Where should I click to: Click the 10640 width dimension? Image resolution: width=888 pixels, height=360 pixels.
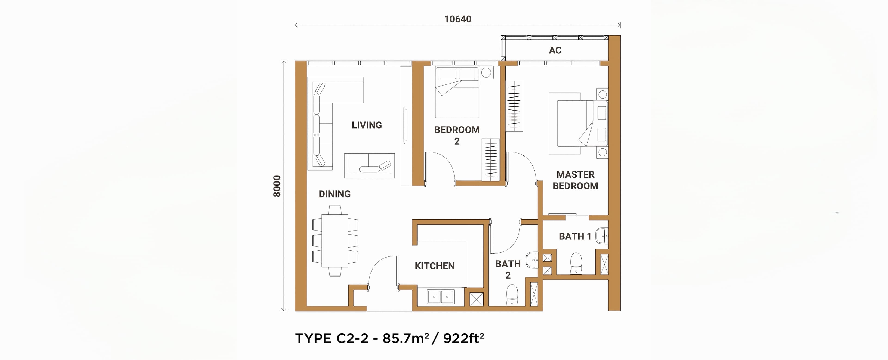[457, 19]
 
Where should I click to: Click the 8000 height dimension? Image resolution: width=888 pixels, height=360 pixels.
[277, 186]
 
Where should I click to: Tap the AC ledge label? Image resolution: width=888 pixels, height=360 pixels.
[555, 50]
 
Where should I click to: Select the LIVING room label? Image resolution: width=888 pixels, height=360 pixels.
[367, 125]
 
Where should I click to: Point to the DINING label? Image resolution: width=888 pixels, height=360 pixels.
[335, 194]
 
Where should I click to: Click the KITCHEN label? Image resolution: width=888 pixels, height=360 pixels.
[435, 266]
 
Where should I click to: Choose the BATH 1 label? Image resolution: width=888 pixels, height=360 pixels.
[575, 236]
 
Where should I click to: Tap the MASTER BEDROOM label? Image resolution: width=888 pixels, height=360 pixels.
[575, 180]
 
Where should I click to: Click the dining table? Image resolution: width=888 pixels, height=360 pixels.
[335, 241]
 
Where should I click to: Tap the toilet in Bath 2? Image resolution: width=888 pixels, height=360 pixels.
[512, 295]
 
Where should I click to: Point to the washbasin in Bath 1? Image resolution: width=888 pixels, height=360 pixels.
[602, 236]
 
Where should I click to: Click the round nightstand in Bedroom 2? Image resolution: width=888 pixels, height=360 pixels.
[486, 73]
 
